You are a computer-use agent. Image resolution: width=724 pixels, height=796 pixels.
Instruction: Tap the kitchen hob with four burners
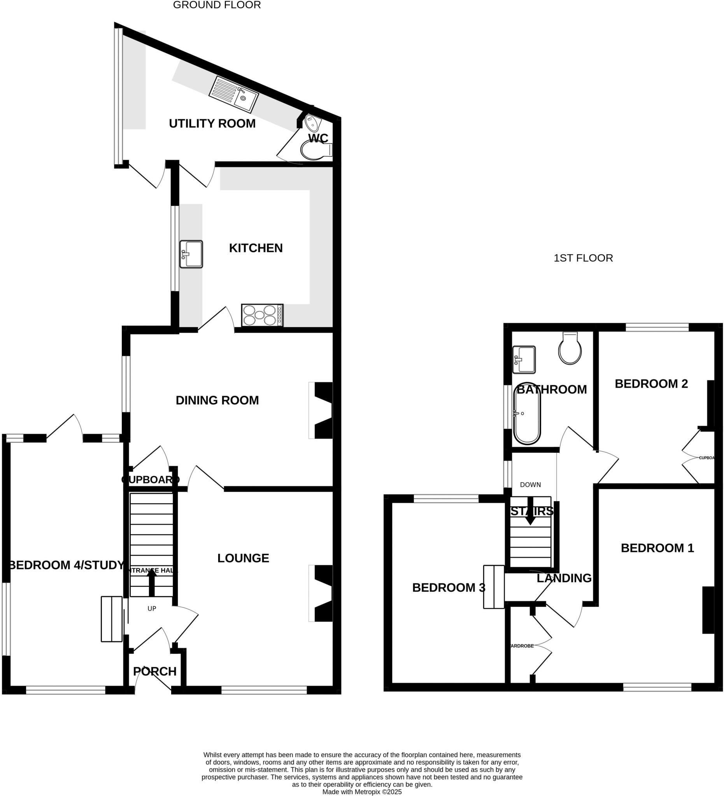[x=262, y=315]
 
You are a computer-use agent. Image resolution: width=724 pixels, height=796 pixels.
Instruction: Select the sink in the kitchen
[x=191, y=254]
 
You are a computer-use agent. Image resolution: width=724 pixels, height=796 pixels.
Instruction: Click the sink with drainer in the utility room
[x=233, y=94]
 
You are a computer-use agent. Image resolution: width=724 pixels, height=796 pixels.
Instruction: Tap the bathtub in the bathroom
[x=526, y=413]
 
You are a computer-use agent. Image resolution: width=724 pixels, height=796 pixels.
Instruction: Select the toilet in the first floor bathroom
[x=570, y=347]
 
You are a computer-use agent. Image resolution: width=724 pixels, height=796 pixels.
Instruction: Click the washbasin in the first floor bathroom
[x=524, y=359]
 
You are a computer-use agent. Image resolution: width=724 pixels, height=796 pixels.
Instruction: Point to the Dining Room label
[x=217, y=400]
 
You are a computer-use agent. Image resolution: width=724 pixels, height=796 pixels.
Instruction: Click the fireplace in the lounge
[x=322, y=594]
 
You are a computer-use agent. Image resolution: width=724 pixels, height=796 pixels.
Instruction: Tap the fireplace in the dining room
[x=322, y=410]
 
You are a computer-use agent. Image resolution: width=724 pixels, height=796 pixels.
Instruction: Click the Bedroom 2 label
[x=651, y=384]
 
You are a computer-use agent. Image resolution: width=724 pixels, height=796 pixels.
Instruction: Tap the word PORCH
[x=154, y=671]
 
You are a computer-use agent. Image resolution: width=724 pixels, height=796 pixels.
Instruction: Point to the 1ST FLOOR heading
[x=583, y=258]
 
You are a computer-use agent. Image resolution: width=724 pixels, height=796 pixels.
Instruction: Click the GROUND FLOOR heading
[x=217, y=5]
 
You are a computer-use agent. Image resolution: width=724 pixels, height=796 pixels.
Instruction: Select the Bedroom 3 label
[x=449, y=588]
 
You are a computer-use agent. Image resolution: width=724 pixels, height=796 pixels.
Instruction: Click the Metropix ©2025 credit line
[x=361, y=792]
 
